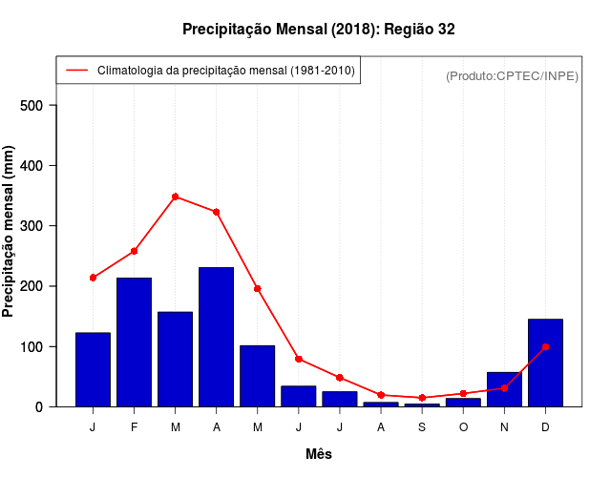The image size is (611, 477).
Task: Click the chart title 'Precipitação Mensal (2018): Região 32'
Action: point(318,30)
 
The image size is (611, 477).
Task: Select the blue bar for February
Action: point(134,342)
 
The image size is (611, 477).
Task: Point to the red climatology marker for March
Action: point(175,197)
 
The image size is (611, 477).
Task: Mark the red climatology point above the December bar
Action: point(545,346)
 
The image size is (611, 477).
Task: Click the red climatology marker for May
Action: point(257,288)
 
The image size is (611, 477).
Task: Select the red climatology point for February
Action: point(134,251)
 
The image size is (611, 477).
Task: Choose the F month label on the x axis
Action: point(134,426)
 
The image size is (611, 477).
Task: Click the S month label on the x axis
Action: point(422,426)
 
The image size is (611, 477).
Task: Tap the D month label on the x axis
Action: point(545,426)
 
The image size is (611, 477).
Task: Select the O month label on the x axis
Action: point(463,426)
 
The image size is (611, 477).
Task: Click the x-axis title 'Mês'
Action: point(319,454)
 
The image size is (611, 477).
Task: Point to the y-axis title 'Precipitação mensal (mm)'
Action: point(10,232)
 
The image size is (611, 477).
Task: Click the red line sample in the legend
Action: point(76,71)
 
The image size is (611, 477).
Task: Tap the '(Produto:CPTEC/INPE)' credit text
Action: point(512,75)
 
